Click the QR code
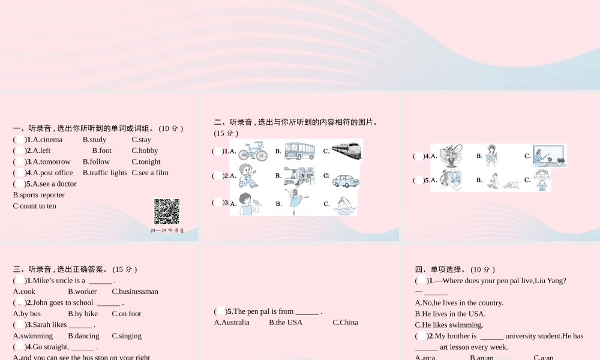[167, 211]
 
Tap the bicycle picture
[253, 151]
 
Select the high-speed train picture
[347, 151]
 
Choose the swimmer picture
[344, 205]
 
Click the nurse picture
[493, 155]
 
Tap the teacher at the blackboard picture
[549, 156]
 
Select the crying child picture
[542, 179]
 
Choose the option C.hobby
[145, 151]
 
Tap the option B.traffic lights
[105, 173]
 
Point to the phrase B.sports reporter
[38, 195]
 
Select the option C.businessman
[135, 292]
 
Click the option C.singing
[127, 336]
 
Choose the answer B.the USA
[286, 322]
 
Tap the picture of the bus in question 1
[299, 151]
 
